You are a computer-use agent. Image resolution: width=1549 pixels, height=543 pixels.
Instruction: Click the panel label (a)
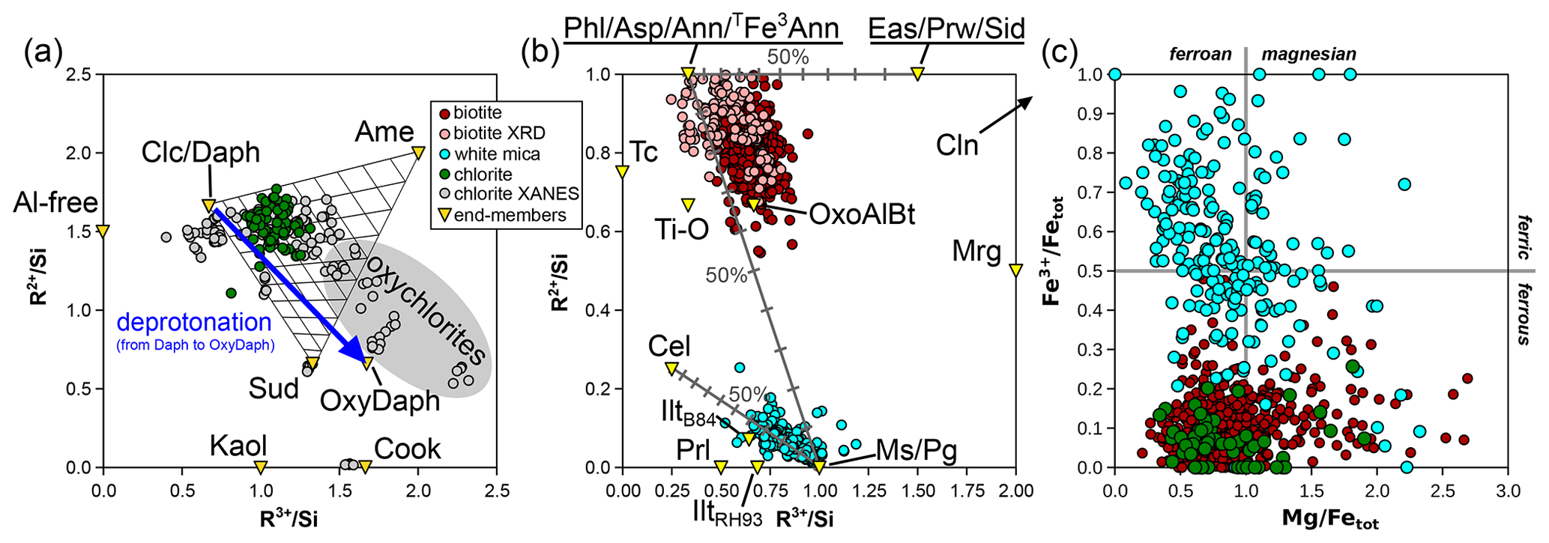42,55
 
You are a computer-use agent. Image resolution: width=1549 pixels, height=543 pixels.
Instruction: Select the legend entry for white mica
497,154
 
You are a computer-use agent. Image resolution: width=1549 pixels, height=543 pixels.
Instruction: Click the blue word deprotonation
193,322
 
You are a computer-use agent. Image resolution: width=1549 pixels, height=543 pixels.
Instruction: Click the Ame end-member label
384,132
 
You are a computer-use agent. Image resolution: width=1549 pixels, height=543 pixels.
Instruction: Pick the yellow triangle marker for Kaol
260,467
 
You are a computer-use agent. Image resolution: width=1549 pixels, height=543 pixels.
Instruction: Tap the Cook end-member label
407,449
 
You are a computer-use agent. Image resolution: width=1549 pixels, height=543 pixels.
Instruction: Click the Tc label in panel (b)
644,152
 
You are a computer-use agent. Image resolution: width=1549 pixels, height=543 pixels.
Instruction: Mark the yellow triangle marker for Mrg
1015,270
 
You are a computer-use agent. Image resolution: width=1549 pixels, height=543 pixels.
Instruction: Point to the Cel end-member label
669,346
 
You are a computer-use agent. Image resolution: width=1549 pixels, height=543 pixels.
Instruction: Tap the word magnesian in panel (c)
1308,54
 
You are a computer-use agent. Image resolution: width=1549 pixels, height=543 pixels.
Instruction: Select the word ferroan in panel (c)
1201,54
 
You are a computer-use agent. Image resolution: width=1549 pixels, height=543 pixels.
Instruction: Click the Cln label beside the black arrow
957,145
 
